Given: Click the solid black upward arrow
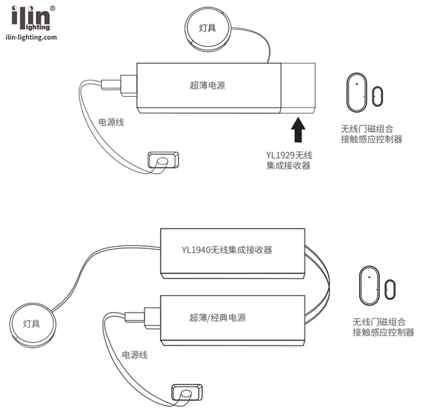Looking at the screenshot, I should point(298,130).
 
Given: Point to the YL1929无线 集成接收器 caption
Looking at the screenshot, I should point(288,160).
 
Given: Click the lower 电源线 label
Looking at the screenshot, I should point(134,355).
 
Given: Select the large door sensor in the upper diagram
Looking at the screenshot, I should point(356,92).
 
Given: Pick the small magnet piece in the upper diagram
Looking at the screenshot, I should point(377,97).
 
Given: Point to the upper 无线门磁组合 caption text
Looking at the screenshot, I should point(367,129).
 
